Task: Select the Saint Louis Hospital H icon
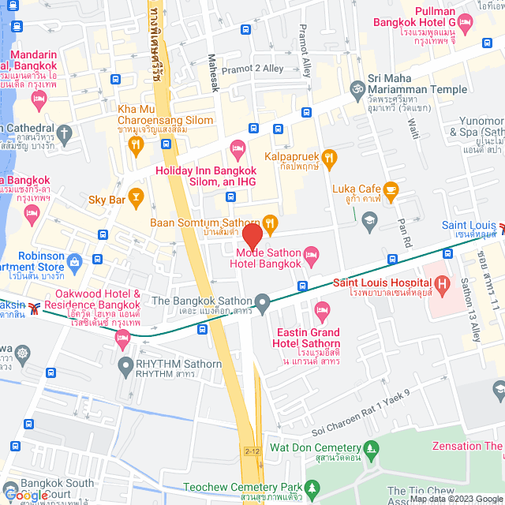click(442, 282)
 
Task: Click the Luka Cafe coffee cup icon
click(391, 189)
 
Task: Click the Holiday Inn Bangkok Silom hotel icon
click(237, 148)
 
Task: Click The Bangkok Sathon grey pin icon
click(263, 301)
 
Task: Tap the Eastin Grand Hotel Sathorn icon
click(320, 307)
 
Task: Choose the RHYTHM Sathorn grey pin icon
click(125, 365)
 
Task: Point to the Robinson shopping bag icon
click(75, 260)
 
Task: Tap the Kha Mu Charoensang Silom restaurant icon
click(137, 144)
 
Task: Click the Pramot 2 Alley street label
click(252, 69)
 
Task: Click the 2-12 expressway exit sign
click(252, 451)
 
